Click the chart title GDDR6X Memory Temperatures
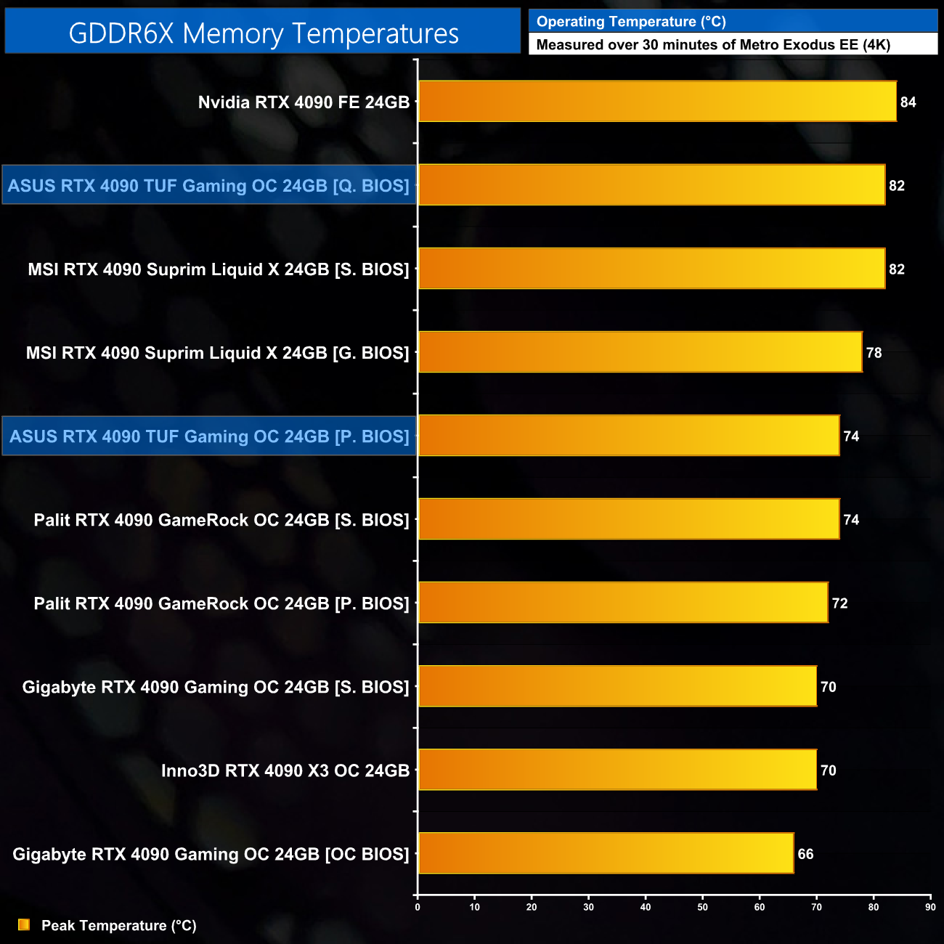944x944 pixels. click(263, 33)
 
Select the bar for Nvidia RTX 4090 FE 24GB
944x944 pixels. click(657, 102)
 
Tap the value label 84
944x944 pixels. click(908, 102)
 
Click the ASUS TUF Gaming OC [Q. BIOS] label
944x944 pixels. click(209, 186)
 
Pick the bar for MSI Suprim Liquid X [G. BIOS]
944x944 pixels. click(640, 352)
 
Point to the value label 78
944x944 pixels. click(874, 353)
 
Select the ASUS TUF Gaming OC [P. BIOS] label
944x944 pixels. click(209, 436)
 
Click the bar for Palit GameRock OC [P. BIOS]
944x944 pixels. click(623, 603)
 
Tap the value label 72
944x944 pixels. click(839, 603)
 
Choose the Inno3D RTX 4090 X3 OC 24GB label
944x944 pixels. click(285, 770)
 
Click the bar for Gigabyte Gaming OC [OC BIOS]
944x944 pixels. click(606, 853)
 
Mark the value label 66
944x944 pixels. click(805, 854)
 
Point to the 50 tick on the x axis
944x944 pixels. click(702, 907)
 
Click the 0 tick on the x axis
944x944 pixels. click(418, 907)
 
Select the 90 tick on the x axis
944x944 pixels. click(930, 907)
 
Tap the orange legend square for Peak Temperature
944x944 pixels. click(24, 924)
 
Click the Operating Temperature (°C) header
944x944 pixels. click(631, 22)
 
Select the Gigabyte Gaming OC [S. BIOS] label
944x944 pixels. click(216, 687)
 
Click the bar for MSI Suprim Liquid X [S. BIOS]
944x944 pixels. click(651, 269)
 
